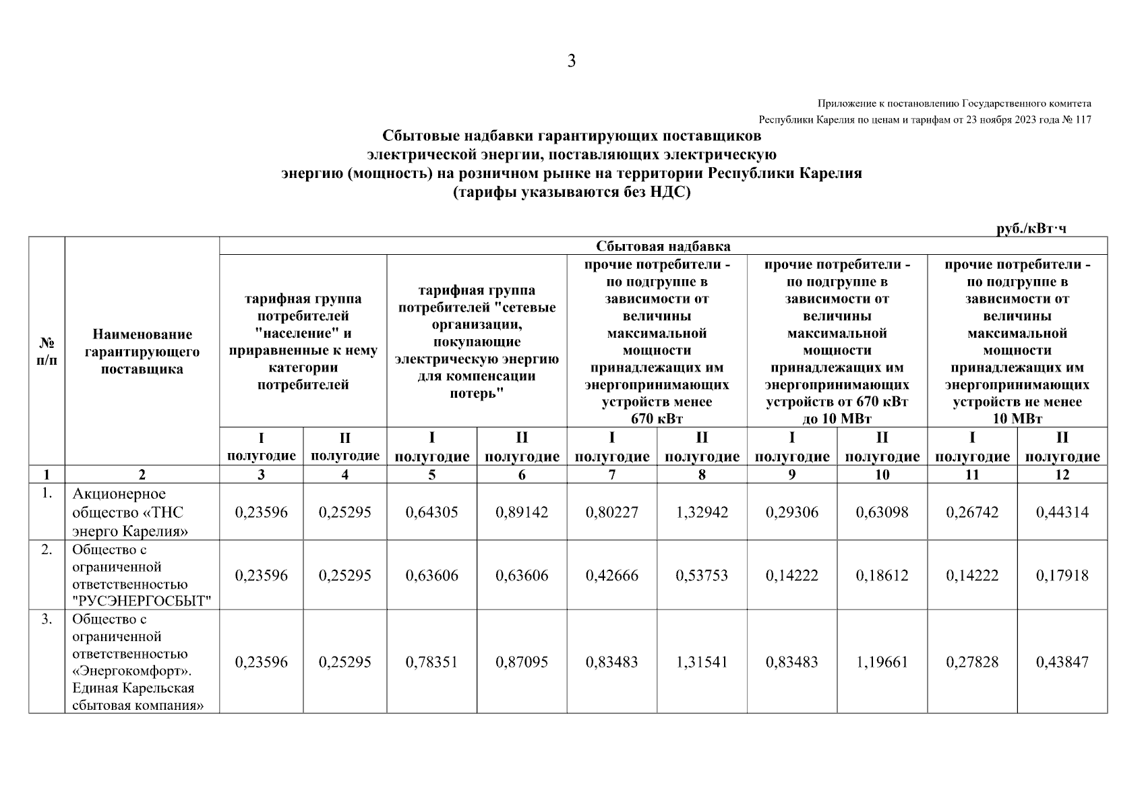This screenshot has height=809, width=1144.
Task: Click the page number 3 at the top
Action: [572, 62]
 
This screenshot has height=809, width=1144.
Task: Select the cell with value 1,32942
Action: [702, 512]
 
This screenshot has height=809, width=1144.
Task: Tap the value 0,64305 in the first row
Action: [431, 512]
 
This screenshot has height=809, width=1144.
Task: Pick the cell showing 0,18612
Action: [882, 576]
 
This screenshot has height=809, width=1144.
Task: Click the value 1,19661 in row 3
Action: [882, 662]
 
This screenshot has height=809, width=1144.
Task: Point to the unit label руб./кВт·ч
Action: [1031, 229]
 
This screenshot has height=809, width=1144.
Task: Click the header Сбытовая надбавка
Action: [663, 246]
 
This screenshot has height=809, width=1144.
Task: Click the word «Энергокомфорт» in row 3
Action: [131, 671]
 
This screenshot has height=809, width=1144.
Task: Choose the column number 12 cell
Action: [1062, 475]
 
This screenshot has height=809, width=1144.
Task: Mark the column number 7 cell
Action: [611, 475]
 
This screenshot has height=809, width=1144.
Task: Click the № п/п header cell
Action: [47, 351]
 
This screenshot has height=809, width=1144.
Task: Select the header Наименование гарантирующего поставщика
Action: [142, 351]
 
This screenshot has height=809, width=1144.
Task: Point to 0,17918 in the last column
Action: [1062, 576]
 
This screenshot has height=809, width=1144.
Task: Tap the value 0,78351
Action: [431, 662]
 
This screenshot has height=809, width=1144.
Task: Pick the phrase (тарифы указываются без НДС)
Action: [572, 192]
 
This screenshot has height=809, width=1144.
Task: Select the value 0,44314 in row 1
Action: [1062, 512]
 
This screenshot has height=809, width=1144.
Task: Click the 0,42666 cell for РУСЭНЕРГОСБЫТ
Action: [611, 576]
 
